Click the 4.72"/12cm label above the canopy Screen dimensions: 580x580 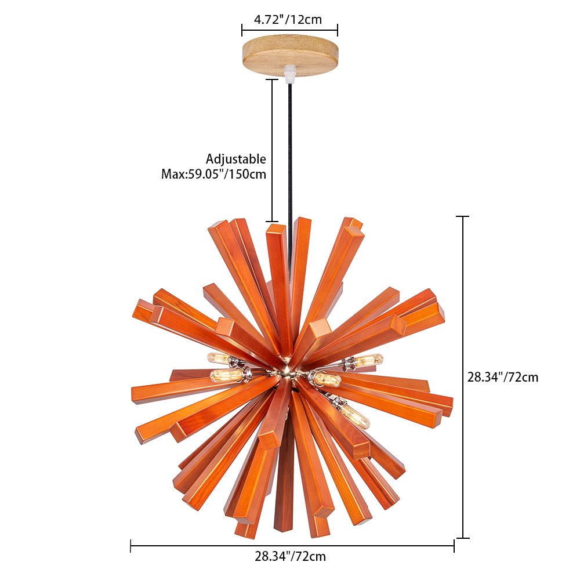tap(288, 19)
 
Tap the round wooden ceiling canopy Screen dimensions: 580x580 tap(290, 55)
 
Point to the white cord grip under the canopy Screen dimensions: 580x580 tap(290, 74)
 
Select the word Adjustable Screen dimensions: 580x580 tap(235, 159)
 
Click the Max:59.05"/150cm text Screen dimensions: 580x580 tap(213, 174)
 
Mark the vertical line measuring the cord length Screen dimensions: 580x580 tap(272, 151)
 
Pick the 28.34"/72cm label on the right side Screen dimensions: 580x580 tap(503, 377)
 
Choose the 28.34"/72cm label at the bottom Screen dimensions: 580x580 tap(290, 556)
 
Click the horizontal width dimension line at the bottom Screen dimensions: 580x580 tap(292, 545)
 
